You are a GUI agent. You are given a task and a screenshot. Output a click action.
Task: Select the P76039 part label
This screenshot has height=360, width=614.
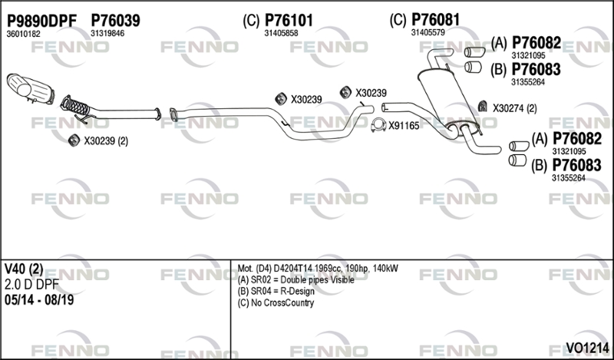tap(115, 21)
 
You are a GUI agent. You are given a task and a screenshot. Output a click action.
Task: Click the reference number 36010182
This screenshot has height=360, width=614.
tap(23, 34)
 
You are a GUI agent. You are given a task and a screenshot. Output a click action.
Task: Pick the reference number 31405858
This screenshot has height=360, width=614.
tap(281, 33)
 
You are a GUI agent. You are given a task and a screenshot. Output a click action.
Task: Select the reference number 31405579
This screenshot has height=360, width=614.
tap(427, 32)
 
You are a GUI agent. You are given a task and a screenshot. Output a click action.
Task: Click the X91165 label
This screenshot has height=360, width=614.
tap(404, 126)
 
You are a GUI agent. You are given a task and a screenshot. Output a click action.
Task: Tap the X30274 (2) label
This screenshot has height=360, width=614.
tap(514, 108)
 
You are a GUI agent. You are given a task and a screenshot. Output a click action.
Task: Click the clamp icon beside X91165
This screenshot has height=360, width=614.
tap(377, 126)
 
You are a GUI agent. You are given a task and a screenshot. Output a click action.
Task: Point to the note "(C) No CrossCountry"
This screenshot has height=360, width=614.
tap(276, 302)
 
